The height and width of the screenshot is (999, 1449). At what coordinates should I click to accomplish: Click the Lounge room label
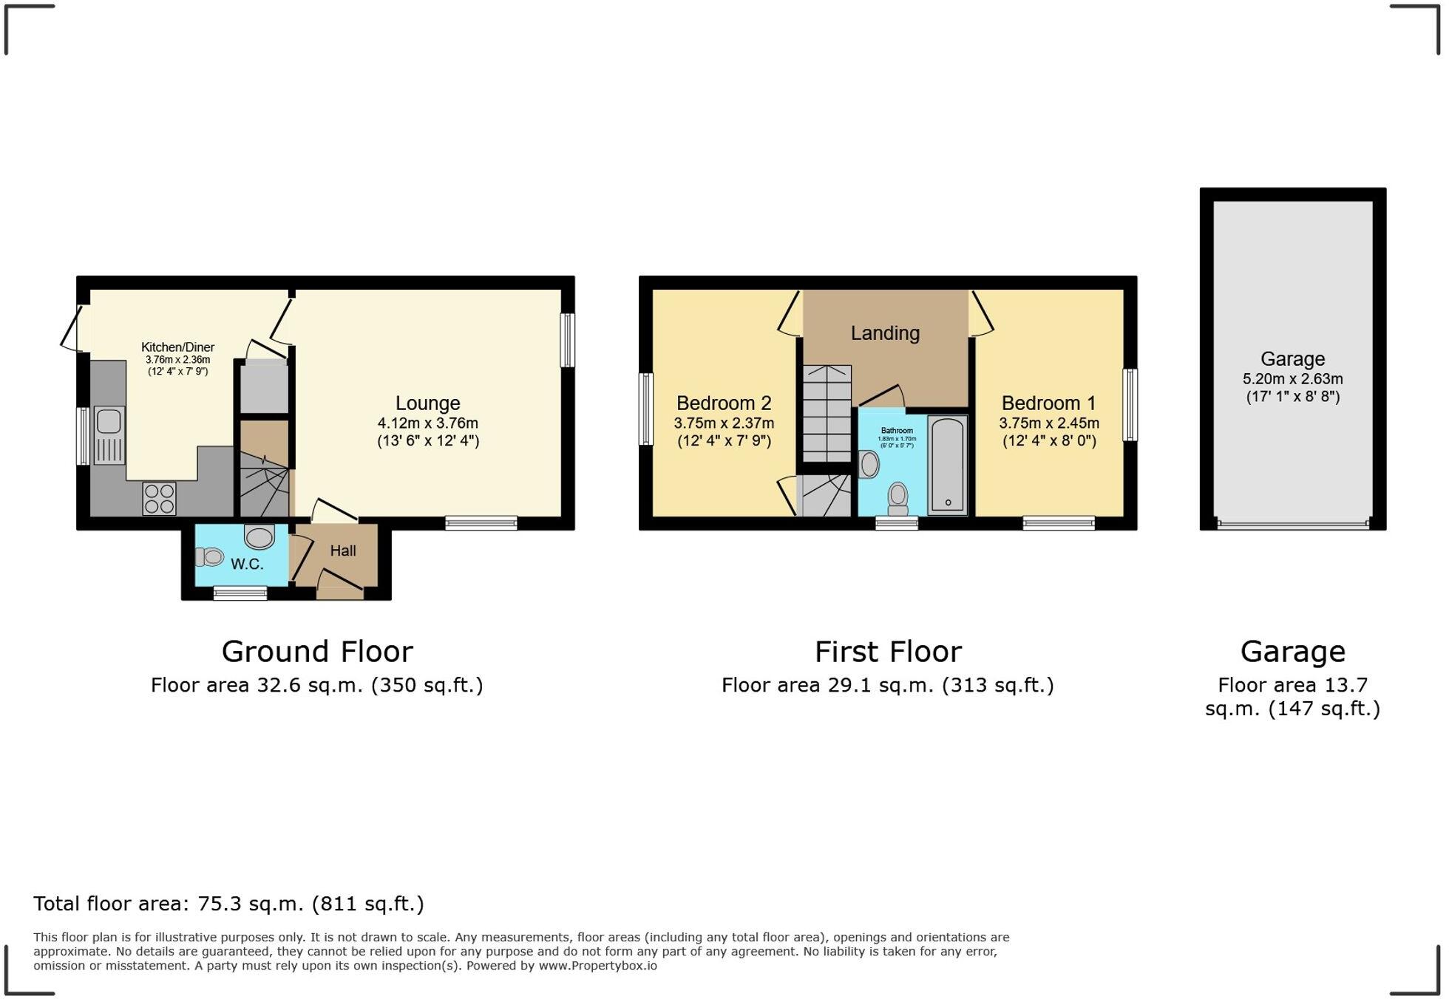[x=427, y=403]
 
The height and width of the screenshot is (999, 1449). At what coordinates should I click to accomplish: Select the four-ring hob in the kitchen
[x=160, y=498]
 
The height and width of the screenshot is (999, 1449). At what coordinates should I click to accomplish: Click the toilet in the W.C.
[x=209, y=557]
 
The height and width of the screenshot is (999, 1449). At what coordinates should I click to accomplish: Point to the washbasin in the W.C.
[x=259, y=537]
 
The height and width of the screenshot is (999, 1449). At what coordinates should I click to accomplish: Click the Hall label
[x=343, y=550]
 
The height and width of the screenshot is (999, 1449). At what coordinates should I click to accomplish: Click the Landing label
[x=885, y=333]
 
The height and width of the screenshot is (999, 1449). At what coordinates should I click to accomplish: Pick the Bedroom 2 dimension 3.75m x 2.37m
[x=724, y=423]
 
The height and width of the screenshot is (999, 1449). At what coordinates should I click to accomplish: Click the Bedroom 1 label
[x=1048, y=403]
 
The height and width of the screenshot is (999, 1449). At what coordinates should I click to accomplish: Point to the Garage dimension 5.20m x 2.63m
[x=1292, y=379]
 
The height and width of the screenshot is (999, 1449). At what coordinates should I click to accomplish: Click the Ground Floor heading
[x=317, y=652]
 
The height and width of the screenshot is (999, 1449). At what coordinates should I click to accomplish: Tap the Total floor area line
[x=228, y=904]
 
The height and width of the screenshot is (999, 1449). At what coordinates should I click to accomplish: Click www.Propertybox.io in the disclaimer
[x=597, y=966]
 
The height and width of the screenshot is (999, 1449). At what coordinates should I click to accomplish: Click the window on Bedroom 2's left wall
[x=646, y=409]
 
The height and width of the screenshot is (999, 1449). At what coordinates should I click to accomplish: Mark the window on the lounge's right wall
[x=567, y=340]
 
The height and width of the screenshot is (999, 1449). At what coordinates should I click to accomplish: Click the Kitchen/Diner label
[x=177, y=347]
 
